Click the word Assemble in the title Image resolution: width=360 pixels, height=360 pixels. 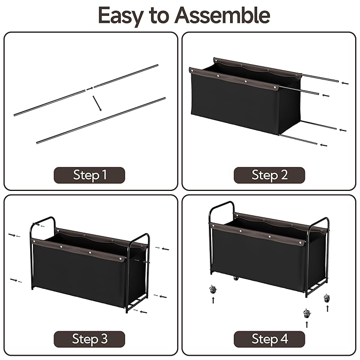coord(222,15)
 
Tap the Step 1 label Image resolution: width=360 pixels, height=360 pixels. coord(90,175)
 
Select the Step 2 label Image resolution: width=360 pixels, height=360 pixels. coord(269,175)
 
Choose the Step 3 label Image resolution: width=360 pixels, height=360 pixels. coord(90,339)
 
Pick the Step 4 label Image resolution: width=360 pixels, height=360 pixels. coord(269,339)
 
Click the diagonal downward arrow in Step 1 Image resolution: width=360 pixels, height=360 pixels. coord(97,103)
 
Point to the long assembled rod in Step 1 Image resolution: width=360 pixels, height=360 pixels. coord(101,120)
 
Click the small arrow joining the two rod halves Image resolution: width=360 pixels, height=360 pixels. coord(90,88)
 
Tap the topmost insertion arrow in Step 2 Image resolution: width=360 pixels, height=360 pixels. coord(345,83)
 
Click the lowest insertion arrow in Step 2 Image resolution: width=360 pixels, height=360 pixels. coord(323,145)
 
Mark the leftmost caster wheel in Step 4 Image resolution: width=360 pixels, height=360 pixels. coord(213,289)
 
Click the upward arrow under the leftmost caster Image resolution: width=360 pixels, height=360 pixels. coord(213,300)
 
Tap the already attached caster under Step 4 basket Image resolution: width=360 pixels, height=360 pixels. coord(236,278)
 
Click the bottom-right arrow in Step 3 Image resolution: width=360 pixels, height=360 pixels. coord(144,312)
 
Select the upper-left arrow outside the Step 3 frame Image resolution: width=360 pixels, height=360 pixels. coord(12,235)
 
